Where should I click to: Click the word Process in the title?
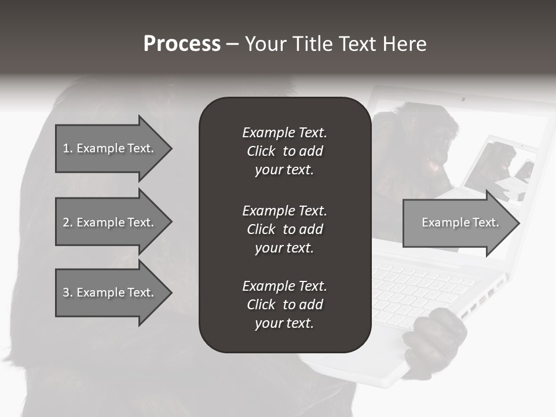tap(182, 44)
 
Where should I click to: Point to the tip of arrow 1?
tap(170, 148)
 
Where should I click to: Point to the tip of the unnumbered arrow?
tap(518, 222)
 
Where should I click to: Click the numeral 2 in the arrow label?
tap(65, 222)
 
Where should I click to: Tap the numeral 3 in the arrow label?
tap(65, 292)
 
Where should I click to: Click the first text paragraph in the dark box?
tap(284, 151)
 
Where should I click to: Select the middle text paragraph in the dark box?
tap(284, 229)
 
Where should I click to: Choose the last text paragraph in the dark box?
tap(284, 305)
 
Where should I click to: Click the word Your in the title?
tap(266, 44)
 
